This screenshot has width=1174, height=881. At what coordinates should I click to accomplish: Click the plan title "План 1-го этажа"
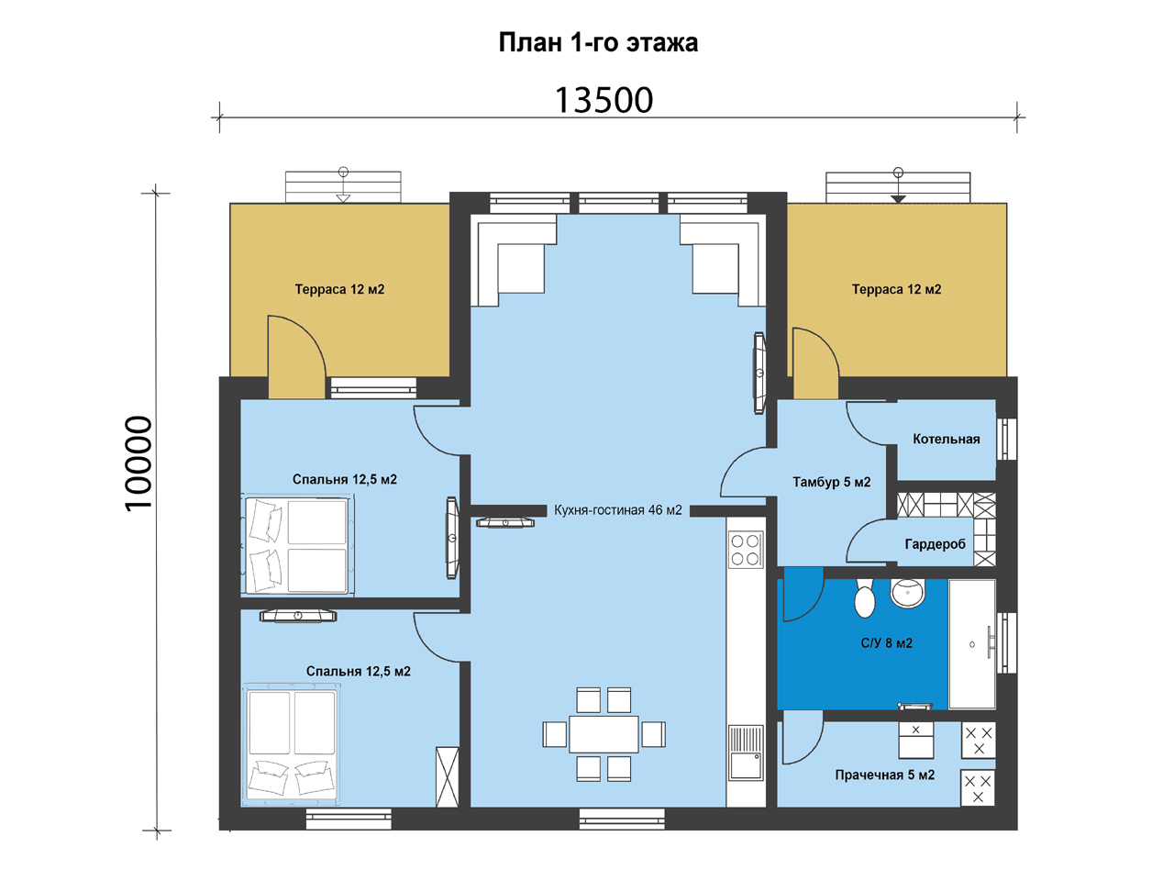[598, 43]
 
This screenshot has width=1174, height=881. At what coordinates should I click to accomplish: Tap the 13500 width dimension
[604, 100]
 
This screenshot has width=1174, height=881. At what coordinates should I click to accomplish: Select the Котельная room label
[947, 440]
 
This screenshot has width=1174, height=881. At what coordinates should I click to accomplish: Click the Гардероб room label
[935, 544]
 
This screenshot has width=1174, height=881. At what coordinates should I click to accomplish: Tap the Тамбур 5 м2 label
[832, 482]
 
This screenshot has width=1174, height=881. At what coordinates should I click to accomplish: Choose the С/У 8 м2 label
[887, 643]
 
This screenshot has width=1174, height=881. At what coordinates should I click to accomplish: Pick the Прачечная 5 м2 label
[885, 775]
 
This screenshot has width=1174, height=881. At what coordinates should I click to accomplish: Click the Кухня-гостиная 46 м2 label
[618, 509]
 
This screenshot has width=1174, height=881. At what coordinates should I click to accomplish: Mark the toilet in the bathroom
[864, 598]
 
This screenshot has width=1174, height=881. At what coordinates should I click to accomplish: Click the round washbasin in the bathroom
[908, 593]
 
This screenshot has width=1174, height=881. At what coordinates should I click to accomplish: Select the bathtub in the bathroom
[972, 644]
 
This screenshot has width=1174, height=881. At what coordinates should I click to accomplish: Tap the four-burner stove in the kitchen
[746, 550]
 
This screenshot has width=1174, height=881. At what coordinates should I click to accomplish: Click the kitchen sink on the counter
[746, 753]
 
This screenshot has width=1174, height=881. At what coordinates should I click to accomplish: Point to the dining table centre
[604, 734]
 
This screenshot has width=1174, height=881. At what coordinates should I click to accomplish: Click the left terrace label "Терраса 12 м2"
[339, 289]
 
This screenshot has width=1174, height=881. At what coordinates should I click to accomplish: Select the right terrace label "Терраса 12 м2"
[896, 289]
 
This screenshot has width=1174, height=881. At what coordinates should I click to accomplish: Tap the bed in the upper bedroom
[297, 544]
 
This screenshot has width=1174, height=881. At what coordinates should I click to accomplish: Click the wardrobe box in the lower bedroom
[448, 776]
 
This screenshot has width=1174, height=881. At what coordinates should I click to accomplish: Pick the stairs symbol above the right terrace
[898, 187]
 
